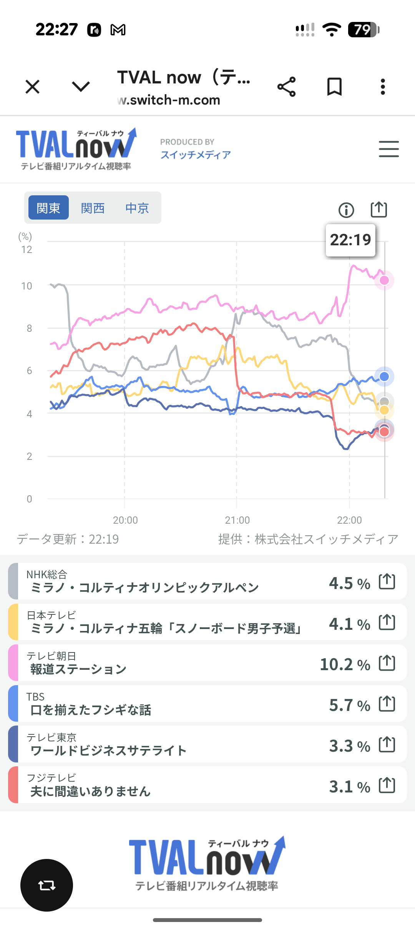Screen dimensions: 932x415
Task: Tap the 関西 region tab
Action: coord(93,208)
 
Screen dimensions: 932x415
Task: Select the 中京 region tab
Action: coord(137,208)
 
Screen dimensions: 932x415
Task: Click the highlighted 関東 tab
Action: coord(48,208)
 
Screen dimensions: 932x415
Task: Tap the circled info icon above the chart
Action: coord(346,210)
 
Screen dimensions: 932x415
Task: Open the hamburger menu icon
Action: coord(388,149)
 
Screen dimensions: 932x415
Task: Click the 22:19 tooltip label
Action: coord(350,240)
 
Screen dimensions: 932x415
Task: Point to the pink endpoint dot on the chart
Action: coord(384,280)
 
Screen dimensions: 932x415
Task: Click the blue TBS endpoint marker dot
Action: coord(384,376)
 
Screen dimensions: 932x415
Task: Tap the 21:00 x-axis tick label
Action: coord(237,520)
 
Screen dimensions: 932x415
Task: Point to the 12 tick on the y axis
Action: coord(27,250)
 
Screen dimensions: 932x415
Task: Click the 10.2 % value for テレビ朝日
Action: coord(345,664)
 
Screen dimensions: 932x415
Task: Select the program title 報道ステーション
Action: coord(78,669)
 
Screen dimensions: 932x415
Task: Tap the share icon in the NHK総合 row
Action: coord(387,581)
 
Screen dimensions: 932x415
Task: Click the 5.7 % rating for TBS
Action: coord(349,705)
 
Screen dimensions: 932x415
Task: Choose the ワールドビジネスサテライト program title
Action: coord(108,751)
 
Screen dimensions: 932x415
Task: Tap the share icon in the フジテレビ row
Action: coord(387,785)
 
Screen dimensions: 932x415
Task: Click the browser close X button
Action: coord(33,87)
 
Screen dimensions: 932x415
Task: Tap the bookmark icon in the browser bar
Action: coord(334,87)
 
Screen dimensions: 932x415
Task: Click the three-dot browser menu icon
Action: coord(383,87)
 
